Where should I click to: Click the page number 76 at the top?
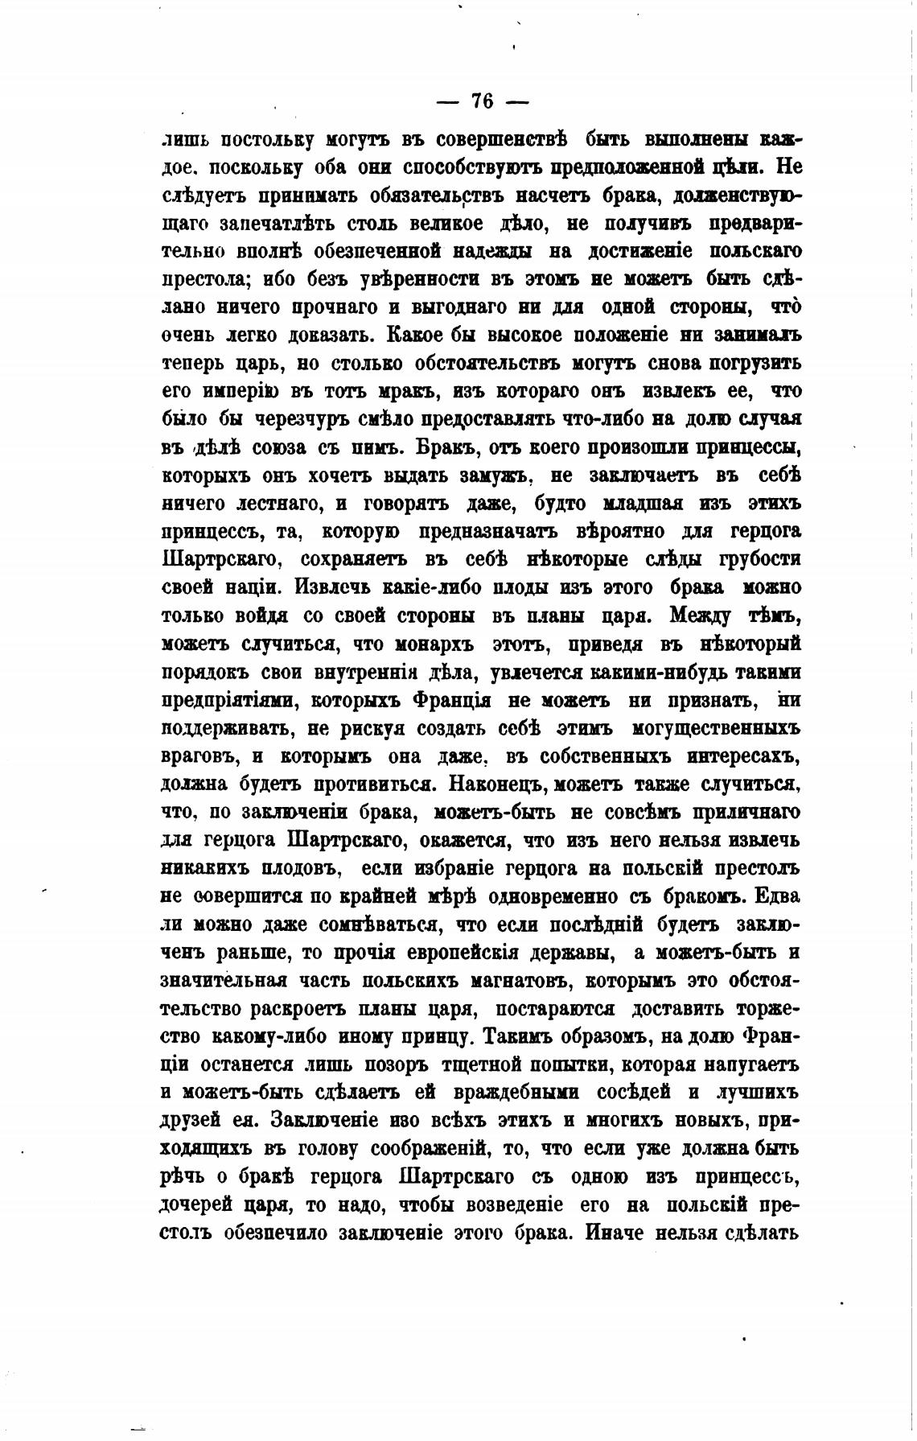pos(481,101)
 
